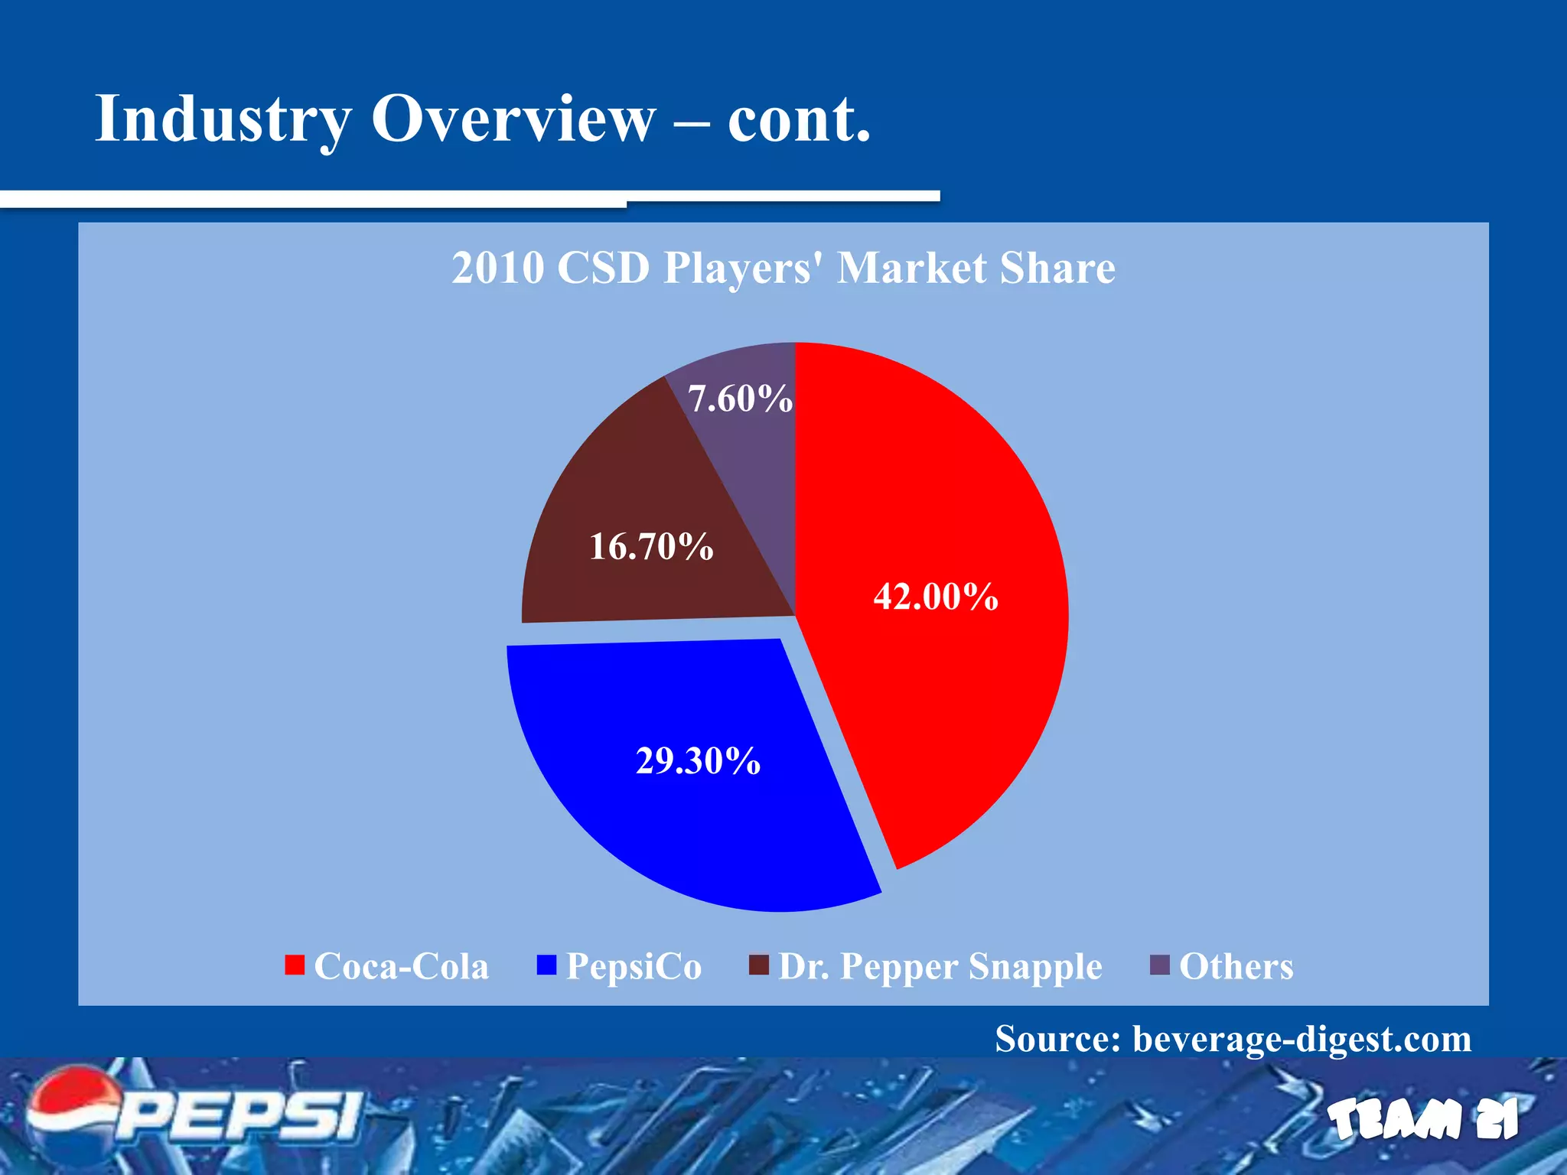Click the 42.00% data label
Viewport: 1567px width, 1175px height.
point(936,596)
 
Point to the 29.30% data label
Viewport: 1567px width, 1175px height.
point(698,760)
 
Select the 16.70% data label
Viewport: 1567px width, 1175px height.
point(651,546)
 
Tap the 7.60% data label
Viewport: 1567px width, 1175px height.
point(740,399)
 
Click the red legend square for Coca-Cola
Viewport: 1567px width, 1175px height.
point(295,965)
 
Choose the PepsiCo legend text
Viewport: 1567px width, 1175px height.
point(634,966)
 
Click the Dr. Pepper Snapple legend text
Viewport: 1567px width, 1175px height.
point(940,966)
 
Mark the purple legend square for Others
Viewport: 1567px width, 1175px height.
point(1161,965)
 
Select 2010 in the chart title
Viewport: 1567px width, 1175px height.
point(497,268)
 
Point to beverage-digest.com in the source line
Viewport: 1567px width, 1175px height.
point(1301,1039)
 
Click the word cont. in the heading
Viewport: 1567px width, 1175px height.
point(799,121)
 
